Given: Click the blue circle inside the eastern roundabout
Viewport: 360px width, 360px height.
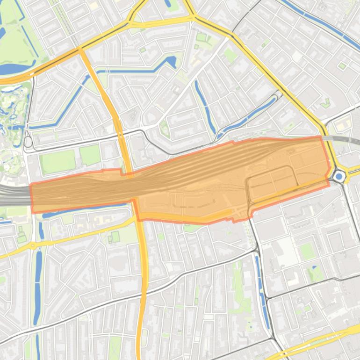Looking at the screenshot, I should click(x=339, y=176).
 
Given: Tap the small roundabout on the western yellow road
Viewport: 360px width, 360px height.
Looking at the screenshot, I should click(x=33, y=245).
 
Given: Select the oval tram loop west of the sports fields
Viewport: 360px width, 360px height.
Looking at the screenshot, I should click(x=28, y=141).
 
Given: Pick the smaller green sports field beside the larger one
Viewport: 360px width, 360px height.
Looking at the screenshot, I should click(x=90, y=155).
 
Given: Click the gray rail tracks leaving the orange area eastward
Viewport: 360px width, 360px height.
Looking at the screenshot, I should click(x=344, y=139).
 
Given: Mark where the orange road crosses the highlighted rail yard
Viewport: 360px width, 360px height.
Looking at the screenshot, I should click(x=132, y=192).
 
